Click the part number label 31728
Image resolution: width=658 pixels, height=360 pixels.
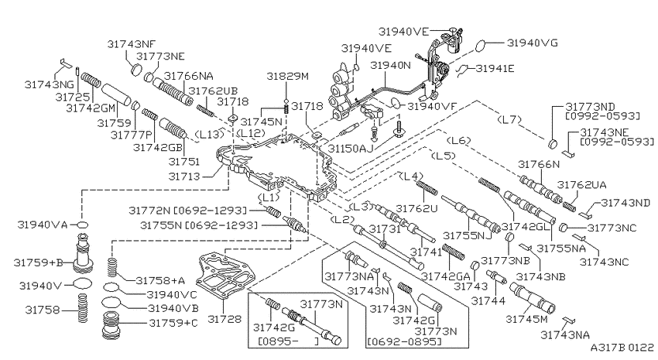click(225, 319)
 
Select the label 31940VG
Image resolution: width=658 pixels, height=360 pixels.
click(532, 43)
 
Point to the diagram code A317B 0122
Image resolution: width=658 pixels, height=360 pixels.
click(622, 348)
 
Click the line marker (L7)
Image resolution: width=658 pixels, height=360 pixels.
click(509, 119)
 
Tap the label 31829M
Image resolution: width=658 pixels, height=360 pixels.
click(288, 76)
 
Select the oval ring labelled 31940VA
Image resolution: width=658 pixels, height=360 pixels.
click(83, 225)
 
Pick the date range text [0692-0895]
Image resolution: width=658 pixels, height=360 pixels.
click(405, 342)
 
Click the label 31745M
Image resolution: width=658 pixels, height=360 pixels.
click(526, 319)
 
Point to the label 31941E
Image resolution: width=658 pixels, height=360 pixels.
click(495, 68)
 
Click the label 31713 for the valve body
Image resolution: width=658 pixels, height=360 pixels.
click(184, 177)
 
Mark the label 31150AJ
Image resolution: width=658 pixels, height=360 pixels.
click(351, 149)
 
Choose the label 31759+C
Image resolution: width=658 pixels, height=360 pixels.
click(173, 323)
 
